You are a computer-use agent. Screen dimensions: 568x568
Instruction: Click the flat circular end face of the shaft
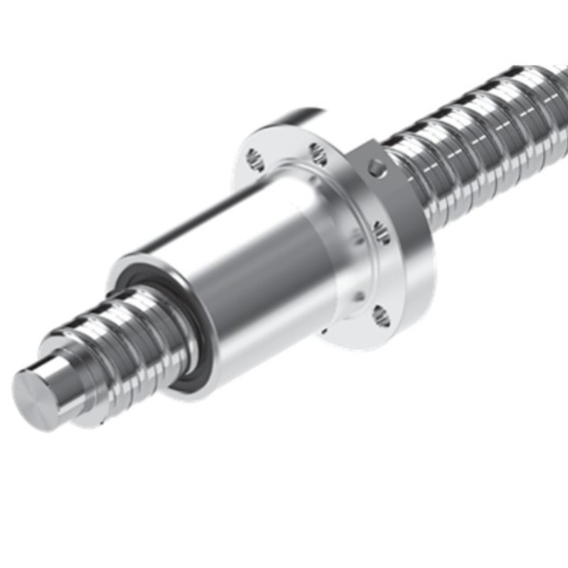[35, 400]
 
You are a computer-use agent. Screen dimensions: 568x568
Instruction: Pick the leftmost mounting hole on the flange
[254, 161]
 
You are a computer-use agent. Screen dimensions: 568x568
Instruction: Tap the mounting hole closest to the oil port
[318, 153]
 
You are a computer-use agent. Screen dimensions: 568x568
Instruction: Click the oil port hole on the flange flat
[378, 169]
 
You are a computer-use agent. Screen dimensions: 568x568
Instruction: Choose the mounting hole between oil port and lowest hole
[381, 232]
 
